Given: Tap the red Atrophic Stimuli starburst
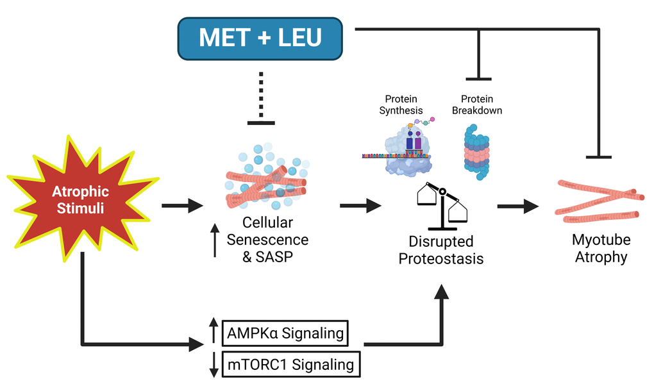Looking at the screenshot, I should click(80, 199).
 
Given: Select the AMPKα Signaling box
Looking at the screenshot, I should click(285, 333).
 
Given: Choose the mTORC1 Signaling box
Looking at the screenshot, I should click(290, 364).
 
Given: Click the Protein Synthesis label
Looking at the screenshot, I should click(401, 104).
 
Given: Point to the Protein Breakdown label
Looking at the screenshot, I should click(476, 104).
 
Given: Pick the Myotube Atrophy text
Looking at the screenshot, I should click(601, 249).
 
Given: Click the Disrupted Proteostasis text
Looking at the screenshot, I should click(440, 250).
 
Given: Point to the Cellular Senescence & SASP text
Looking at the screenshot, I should click(267, 239).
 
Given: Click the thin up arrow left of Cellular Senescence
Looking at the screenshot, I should click(215, 238).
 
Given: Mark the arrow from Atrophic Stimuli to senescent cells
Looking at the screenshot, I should click(181, 206).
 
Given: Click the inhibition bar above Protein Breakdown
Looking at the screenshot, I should click(478, 78).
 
